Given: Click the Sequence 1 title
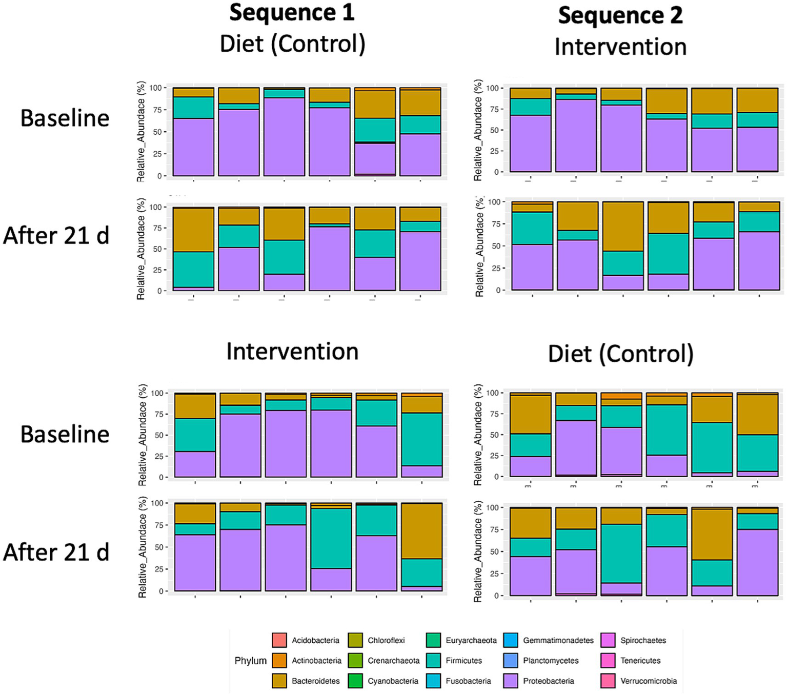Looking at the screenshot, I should (292, 13).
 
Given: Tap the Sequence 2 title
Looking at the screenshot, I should (620, 15).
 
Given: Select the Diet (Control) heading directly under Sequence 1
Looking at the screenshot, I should (292, 44).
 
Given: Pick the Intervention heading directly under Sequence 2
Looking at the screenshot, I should (620, 47).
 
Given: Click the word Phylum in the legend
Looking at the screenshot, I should (250, 661).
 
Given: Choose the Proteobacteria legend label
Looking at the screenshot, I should (548, 681).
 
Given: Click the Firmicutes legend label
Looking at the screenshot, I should (463, 661).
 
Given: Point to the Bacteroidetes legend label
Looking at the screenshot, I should (315, 681).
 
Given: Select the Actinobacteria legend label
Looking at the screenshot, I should (316, 661).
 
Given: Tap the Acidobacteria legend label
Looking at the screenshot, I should (315, 640).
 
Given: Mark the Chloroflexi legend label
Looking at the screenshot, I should (386, 640).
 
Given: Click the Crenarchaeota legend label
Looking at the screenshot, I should (393, 661).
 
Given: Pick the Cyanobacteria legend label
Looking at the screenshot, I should (393, 681).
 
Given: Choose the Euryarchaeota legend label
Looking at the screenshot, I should (471, 640).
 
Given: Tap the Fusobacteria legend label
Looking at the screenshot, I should (468, 681).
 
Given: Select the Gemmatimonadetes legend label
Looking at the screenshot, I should (558, 640).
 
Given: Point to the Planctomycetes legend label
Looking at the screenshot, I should (551, 661).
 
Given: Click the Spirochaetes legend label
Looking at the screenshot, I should (643, 640).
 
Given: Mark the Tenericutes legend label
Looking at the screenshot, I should (640, 661).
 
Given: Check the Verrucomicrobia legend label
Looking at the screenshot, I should (649, 681).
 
